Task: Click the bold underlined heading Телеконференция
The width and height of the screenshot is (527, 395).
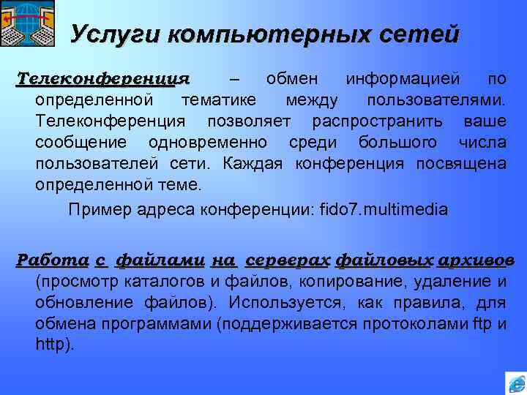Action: click(x=102, y=78)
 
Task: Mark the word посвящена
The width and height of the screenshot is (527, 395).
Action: click(x=460, y=162)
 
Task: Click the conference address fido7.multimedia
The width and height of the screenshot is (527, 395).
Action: click(x=384, y=210)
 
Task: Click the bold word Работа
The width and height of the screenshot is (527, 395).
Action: click(x=53, y=260)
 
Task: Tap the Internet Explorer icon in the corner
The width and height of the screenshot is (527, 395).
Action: click(x=515, y=383)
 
